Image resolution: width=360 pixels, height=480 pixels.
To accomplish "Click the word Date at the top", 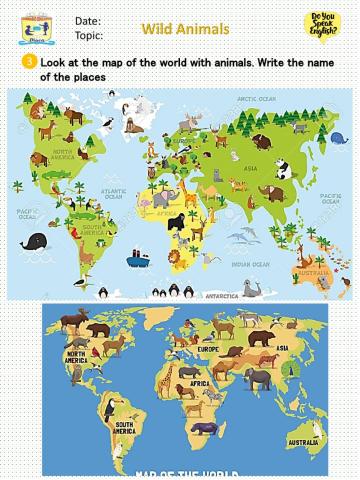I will (87, 21).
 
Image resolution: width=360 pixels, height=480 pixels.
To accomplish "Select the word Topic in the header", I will (89, 34).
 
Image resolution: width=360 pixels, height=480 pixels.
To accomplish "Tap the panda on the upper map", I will (284, 170).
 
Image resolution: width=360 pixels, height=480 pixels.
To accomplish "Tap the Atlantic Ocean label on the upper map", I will (113, 194).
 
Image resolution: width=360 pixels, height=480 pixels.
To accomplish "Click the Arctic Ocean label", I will (257, 100).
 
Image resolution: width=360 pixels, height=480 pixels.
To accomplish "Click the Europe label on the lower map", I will (208, 351).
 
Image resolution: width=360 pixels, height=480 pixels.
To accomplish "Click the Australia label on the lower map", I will (303, 441).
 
